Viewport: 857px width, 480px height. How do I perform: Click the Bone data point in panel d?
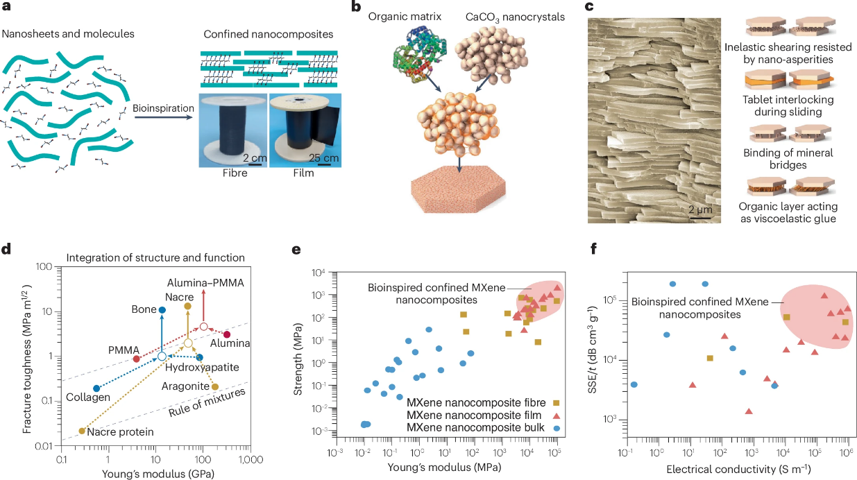[x=162, y=310]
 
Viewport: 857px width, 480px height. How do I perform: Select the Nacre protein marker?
[x=82, y=431]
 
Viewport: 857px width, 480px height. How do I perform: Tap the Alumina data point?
[x=227, y=334]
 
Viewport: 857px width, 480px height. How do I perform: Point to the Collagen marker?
[x=96, y=388]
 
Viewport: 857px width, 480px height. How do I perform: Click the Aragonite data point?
[x=215, y=386]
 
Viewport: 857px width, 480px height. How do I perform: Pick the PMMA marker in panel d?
[x=137, y=359]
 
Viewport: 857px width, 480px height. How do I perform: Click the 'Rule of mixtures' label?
[x=207, y=403]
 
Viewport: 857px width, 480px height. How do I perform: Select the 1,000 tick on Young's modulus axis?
[x=251, y=459]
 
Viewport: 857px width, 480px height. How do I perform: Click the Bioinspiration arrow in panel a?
[x=163, y=117]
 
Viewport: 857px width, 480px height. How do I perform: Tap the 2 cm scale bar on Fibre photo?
[x=255, y=165]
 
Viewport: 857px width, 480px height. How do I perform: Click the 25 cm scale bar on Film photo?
[x=325, y=165]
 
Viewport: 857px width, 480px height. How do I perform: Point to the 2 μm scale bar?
[x=701, y=218]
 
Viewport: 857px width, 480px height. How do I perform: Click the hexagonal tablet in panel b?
[x=459, y=189]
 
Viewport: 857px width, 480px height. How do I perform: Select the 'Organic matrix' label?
[x=405, y=17]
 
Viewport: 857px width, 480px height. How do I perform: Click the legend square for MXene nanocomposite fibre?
[x=557, y=403]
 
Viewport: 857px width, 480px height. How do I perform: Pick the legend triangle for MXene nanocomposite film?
[x=557, y=415]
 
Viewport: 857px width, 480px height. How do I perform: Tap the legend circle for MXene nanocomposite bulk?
[x=557, y=429]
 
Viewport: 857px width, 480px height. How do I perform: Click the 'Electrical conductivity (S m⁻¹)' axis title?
[x=738, y=469]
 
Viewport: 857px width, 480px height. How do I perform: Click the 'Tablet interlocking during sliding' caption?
[x=788, y=105]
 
